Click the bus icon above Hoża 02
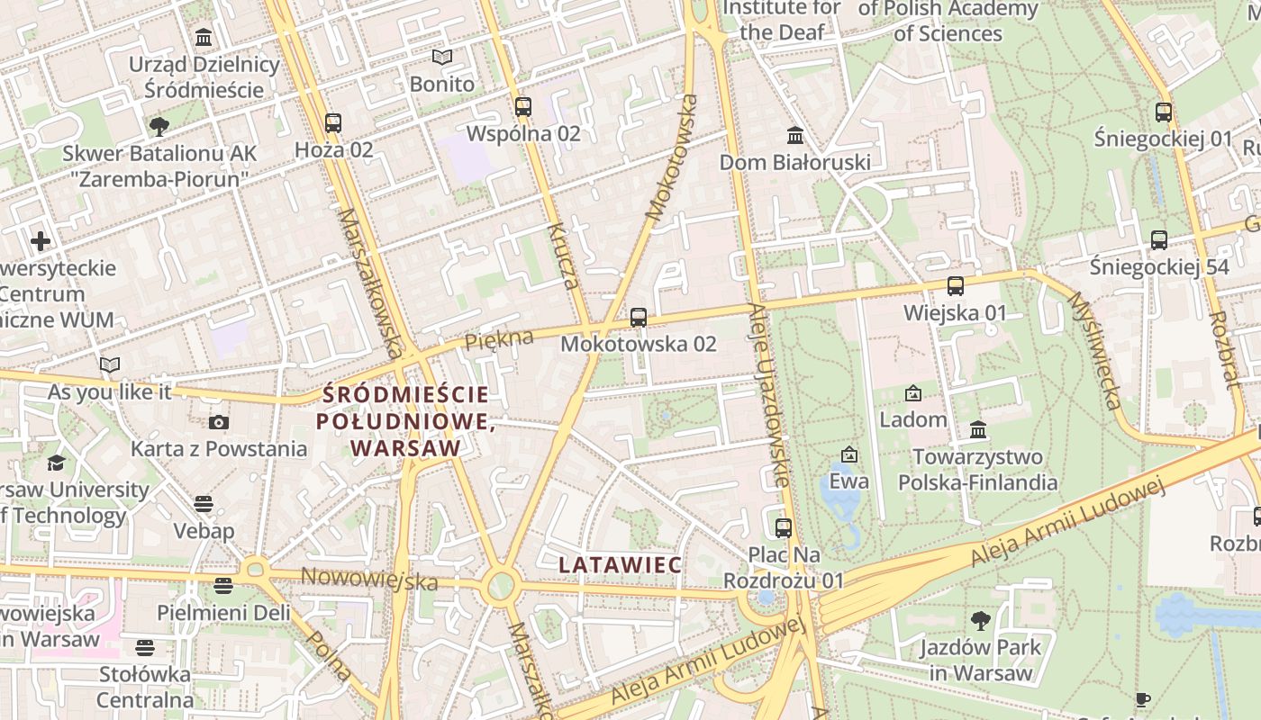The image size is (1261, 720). click(x=333, y=123)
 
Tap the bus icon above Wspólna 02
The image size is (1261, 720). click(x=523, y=107)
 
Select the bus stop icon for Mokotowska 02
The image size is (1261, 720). click(x=639, y=318)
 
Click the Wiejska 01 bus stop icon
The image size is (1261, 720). click(x=955, y=287)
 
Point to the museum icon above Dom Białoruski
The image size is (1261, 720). click(x=795, y=136)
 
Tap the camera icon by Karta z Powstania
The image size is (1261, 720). click(x=218, y=422)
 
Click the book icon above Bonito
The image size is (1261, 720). click(x=441, y=58)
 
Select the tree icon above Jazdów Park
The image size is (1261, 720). click(x=980, y=620)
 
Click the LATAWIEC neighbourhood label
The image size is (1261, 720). click(x=620, y=565)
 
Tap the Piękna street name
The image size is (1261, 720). click(x=499, y=340)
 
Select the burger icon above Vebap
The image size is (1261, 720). click(x=204, y=504)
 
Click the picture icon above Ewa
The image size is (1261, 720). click(x=848, y=454)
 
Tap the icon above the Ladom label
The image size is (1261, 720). click(x=912, y=393)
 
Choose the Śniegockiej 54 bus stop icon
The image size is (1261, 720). click(x=1159, y=240)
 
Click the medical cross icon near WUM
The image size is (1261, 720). click(x=41, y=241)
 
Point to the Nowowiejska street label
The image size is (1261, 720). click(x=369, y=580)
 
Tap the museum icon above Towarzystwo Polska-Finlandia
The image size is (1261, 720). click(x=978, y=430)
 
